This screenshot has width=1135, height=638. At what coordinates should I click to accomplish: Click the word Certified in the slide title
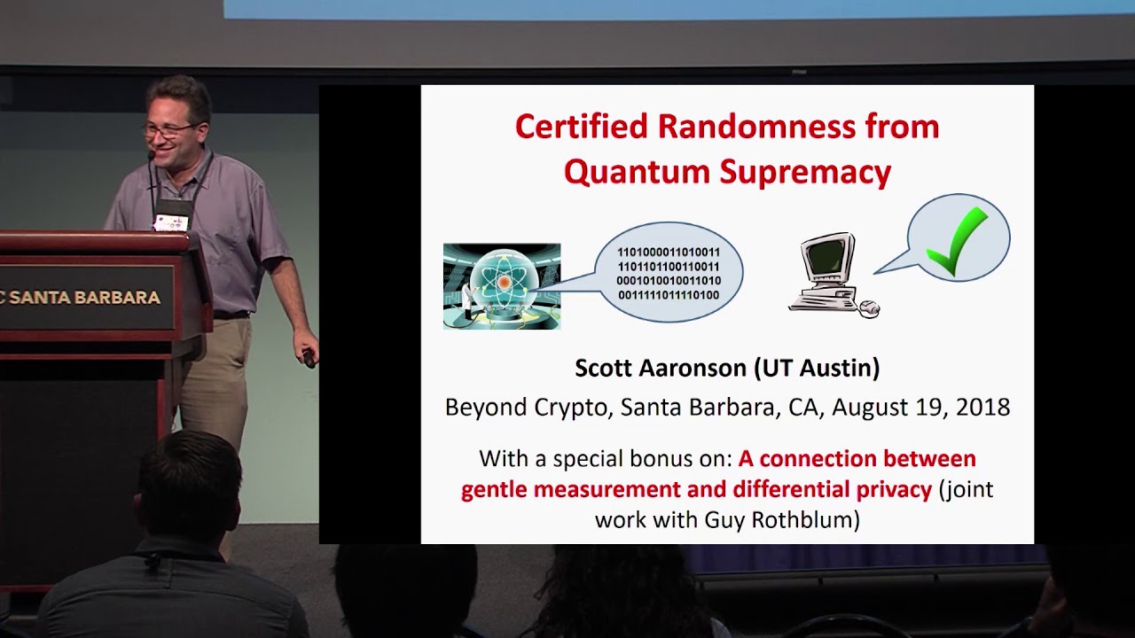(582, 127)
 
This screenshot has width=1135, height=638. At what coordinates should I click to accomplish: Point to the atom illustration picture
(502, 286)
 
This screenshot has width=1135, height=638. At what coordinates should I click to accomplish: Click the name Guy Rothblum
(781, 519)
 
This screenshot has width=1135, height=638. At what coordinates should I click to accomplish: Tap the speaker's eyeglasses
(169, 130)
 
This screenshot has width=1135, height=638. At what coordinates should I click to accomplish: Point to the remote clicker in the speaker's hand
(308, 358)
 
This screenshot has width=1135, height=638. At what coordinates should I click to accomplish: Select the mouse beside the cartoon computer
(870, 307)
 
